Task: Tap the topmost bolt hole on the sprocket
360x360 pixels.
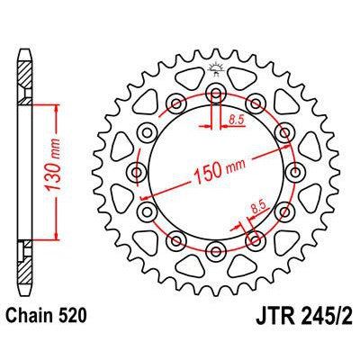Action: coord(216,92)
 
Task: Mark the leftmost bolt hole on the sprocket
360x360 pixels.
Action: coord(137,171)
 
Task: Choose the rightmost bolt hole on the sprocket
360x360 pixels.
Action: coord(295,171)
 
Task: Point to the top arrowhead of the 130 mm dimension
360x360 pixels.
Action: coord(56,106)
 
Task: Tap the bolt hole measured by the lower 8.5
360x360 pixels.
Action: coord(256,239)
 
